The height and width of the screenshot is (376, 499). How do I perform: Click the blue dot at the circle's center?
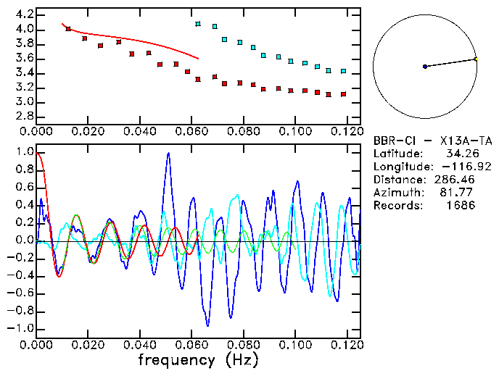[425, 67]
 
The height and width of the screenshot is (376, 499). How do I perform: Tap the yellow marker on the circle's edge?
[476, 59]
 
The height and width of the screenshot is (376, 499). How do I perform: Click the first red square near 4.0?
[68, 29]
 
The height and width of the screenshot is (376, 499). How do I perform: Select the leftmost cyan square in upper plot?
[198, 24]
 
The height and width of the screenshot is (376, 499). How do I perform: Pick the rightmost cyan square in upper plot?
[343, 72]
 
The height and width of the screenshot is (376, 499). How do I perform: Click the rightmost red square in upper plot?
[343, 94]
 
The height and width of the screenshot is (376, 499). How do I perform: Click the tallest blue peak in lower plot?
[168, 154]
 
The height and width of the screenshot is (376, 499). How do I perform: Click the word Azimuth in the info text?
[395, 193]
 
